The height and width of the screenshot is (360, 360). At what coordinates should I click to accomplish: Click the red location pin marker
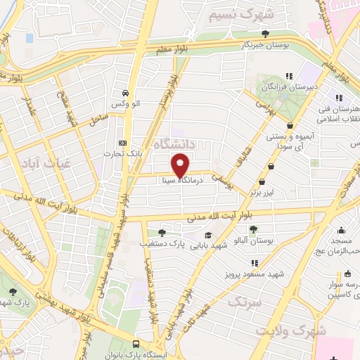[x=181, y=166]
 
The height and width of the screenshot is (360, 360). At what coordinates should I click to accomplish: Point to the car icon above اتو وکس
[x=125, y=93]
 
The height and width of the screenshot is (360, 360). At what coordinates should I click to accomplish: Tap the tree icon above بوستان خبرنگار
[x=265, y=33]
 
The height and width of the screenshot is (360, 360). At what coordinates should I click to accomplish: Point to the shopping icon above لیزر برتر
[x=271, y=166]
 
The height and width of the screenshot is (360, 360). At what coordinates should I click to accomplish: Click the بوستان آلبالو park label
[x=255, y=240]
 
